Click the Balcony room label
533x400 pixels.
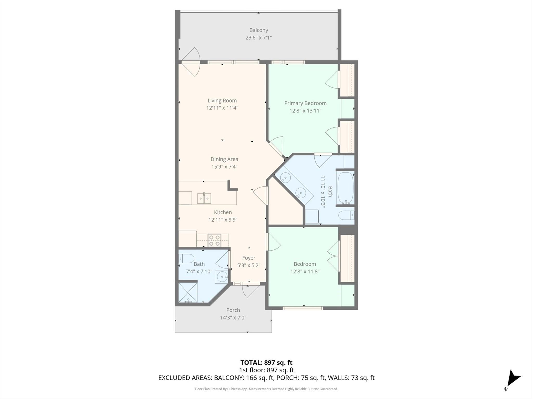click(259, 30)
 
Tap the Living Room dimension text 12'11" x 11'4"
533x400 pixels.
click(222, 108)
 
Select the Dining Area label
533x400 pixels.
click(224, 159)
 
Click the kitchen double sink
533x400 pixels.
click(204, 198)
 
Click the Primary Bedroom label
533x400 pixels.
click(306, 103)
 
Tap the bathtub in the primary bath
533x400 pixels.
click(345, 188)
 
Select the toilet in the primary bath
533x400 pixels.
click(346, 215)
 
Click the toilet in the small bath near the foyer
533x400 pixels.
click(186, 259)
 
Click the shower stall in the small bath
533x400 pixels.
click(188, 292)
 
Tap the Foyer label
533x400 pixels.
click(249, 258)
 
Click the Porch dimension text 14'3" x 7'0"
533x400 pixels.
click(233, 317)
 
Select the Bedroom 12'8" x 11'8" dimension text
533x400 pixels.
click(305, 271)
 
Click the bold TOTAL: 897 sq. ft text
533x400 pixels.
click(266, 362)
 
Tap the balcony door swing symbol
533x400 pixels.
click(191, 62)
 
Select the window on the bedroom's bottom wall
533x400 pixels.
click(303, 308)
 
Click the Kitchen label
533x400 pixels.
click(223, 212)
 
